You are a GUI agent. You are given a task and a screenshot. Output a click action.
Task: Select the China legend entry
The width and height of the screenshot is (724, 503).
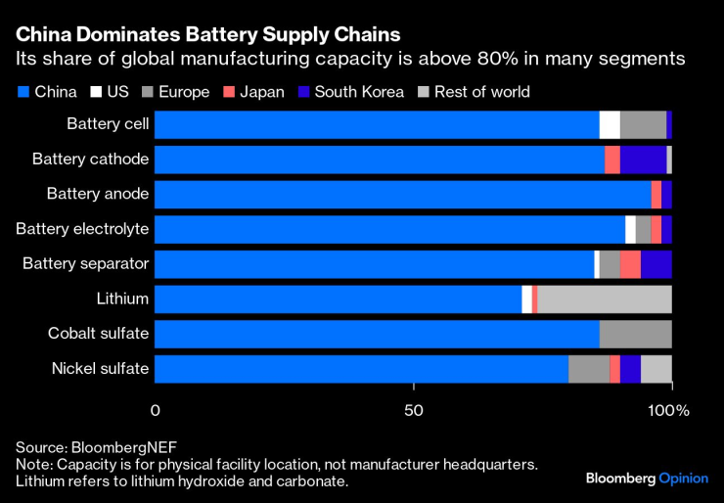pyautogui.click(x=47, y=92)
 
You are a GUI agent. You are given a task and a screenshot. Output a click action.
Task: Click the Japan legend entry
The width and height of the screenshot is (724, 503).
pyautogui.click(x=253, y=92)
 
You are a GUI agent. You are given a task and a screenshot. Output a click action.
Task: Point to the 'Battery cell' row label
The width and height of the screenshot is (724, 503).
pyautogui.click(x=108, y=124)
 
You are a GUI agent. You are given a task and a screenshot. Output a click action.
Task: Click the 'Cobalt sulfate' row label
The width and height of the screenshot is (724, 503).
pyautogui.click(x=98, y=334)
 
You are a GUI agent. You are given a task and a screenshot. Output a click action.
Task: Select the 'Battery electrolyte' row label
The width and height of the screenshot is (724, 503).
pyautogui.click(x=82, y=229)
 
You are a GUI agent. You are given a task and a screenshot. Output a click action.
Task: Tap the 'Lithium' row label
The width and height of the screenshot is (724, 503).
pyautogui.click(x=122, y=298)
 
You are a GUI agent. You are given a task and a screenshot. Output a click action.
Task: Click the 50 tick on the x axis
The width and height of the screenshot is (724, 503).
pyautogui.click(x=413, y=410)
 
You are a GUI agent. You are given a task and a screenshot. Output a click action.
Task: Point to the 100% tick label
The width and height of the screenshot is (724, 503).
pyautogui.click(x=670, y=410)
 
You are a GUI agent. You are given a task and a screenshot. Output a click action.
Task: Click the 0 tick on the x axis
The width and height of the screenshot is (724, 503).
pyautogui.click(x=155, y=410)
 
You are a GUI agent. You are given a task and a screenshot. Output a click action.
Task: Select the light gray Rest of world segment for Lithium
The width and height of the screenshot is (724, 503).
pyautogui.click(x=605, y=298)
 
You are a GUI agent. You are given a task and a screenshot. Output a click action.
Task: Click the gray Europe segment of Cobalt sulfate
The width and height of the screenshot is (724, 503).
pyautogui.click(x=635, y=334)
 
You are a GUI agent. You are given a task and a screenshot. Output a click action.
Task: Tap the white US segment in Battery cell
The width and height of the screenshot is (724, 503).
pyautogui.click(x=610, y=124)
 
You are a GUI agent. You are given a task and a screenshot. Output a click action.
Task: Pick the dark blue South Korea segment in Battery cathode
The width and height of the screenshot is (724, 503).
pyautogui.click(x=643, y=160)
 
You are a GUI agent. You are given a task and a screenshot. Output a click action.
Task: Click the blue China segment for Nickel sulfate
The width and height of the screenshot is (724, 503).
pyautogui.click(x=361, y=368)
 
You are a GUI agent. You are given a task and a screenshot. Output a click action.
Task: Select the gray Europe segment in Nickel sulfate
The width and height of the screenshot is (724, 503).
pyautogui.click(x=589, y=368)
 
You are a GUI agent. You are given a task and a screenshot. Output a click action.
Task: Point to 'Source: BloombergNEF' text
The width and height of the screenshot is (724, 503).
pyautogui.click(x=96, y=444)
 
